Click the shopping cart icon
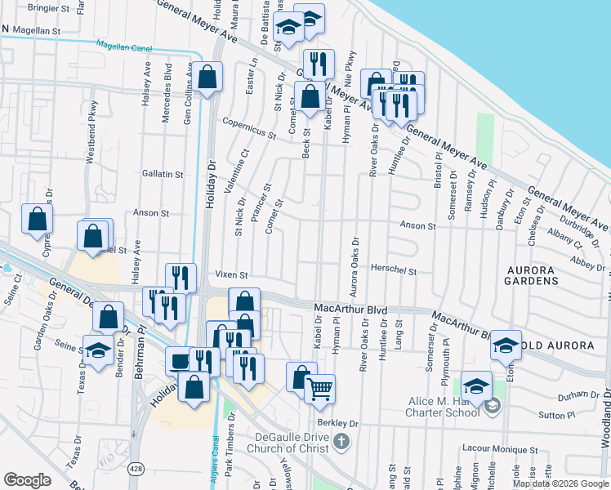click(x=319, y=388)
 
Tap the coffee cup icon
click(x=180, y=360)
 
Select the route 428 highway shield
click(x=136, y=468)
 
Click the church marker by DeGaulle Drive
click(x=341, y=442)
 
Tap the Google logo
click(x=27, y=480)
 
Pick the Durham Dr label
click(x=556, y=396)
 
